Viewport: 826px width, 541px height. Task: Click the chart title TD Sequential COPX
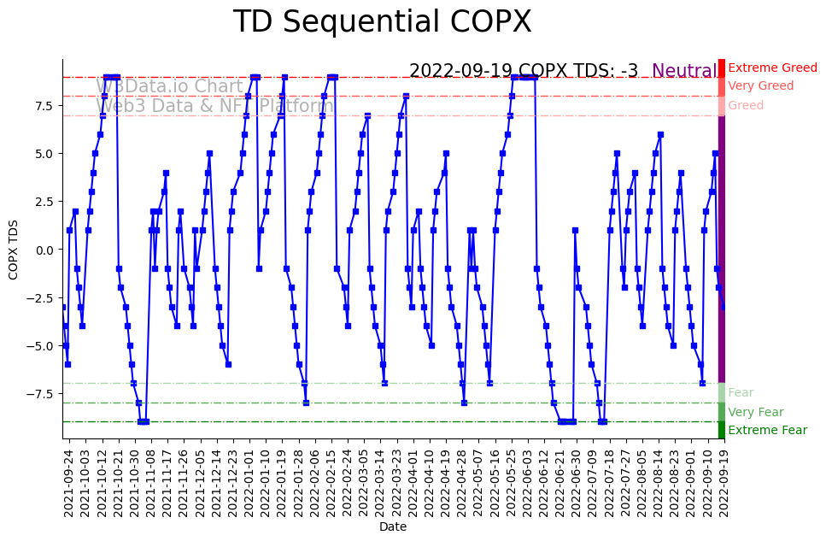(382, 22)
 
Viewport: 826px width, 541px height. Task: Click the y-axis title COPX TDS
(14, 249)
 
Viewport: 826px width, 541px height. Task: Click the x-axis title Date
(393, 526)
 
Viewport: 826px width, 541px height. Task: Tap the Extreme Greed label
(772, 68)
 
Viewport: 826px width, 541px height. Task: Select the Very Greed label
(760, 85)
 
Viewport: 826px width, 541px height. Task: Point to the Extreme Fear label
(767, 430)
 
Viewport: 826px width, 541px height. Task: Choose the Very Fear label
(755, 412)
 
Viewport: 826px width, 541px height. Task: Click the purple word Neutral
(684, 72)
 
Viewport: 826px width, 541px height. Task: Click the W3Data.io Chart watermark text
(170, 86)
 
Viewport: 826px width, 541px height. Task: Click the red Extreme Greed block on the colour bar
(722, 68)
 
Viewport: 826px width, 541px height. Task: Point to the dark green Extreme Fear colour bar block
(722, 430)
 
